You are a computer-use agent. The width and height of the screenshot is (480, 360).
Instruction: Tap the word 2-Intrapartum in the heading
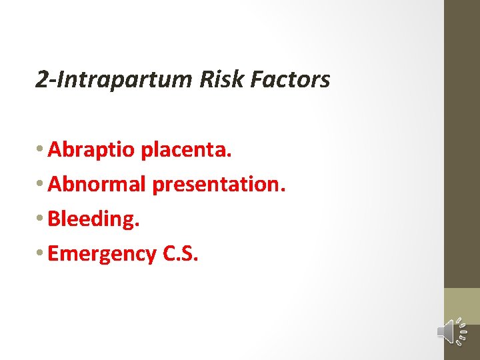(114, 80)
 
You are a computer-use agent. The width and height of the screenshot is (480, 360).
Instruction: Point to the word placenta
(186, 151)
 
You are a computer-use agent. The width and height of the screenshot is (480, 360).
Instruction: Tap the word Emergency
(101, 254)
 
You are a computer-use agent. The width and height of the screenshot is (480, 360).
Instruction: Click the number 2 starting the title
(41, 80)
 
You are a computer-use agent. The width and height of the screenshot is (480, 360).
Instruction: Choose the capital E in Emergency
(53, 253)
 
